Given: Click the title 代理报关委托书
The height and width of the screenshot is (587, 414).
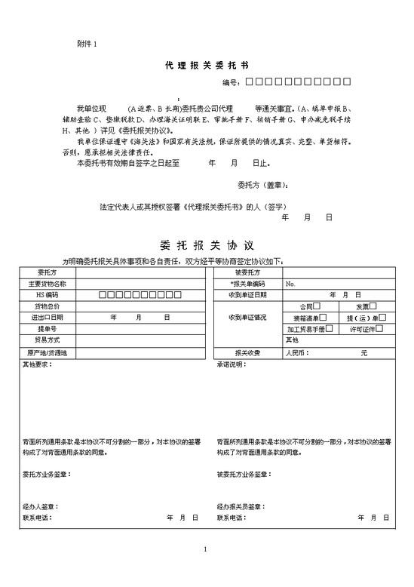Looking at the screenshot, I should [206, 66].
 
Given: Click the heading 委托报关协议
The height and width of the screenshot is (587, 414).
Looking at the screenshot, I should [206, 245].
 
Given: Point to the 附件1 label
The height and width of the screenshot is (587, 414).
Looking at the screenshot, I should [87, 45].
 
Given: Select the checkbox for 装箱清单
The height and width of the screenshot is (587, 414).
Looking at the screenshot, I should [327, 318].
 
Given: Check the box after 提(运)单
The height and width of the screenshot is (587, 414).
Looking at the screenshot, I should [383, 318].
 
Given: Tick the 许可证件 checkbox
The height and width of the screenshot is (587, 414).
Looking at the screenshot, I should [379, 329].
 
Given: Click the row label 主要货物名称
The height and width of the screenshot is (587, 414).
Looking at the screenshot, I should [47, 284].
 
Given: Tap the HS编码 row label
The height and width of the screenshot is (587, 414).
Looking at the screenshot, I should [47, 295].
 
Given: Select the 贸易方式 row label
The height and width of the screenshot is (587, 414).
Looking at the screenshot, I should [47, 341].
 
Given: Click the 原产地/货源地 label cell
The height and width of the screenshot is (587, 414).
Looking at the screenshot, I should [47, 352].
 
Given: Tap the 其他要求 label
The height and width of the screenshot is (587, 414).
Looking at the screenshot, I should [38, 364].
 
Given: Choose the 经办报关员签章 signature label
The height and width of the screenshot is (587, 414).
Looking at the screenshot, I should [239, 506].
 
